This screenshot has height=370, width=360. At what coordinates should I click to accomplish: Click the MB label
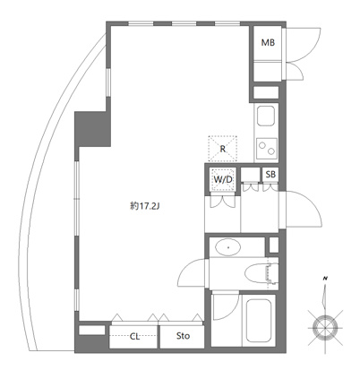pos(268,43)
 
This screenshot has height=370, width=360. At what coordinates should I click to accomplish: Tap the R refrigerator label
pos(223,149)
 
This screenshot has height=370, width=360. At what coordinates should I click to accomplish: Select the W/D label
pos(223,179)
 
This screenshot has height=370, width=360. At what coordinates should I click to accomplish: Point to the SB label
pos(270,174)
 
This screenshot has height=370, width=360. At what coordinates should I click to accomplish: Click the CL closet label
pos(134,337)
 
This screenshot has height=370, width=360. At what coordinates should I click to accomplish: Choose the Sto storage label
pos(183,336)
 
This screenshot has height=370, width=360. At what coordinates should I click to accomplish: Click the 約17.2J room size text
pos(145,206)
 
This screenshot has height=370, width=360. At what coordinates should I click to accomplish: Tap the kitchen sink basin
pos(266,116)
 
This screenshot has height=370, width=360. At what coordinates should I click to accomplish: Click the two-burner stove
pos(266,149)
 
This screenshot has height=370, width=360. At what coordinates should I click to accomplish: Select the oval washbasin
pos(228,247)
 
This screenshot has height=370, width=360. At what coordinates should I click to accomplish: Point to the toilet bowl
pos(257,272)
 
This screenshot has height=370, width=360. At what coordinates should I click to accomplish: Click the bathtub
pos(259,321)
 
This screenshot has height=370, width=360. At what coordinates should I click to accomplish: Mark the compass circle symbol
pos(325,328)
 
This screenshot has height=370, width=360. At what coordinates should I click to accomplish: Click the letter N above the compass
pos(325,279)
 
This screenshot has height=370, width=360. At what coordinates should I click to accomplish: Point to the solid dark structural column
pos(92,129)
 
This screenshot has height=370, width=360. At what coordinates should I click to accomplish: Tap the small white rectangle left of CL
pos(92,330)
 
